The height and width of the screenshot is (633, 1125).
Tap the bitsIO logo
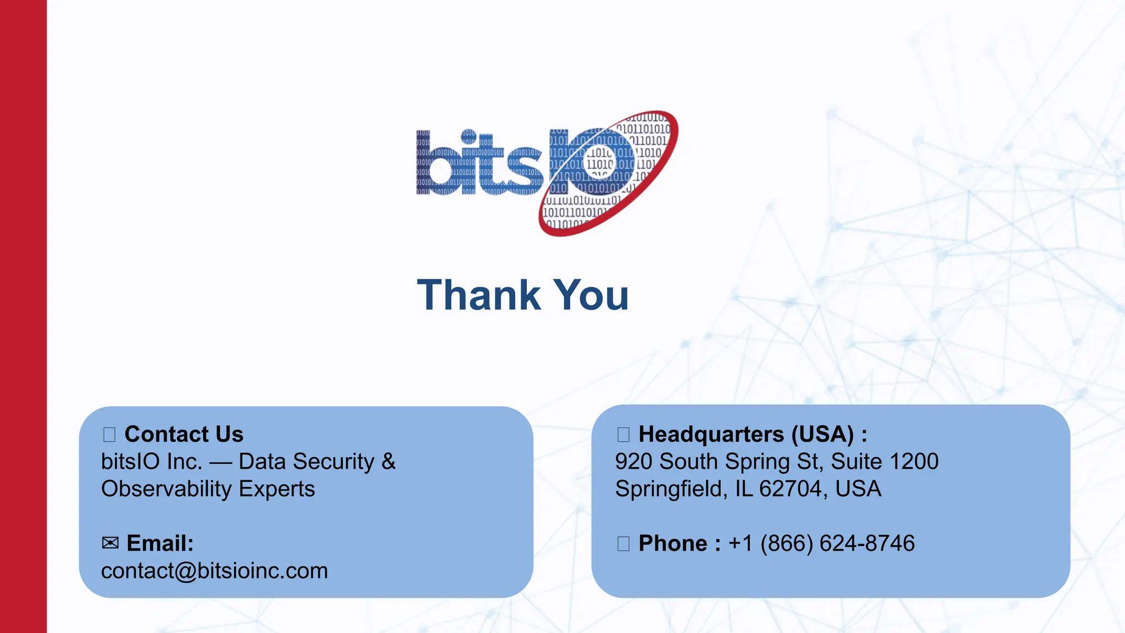547,173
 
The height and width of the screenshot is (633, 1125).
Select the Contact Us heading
183,434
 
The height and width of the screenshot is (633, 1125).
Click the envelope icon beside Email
110,543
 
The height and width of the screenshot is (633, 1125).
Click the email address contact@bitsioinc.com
214,571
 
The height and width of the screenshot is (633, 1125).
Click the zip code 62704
791,489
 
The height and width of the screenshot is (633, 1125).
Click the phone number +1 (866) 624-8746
821,543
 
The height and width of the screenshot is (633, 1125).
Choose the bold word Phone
673,543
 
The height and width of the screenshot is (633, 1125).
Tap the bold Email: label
160,543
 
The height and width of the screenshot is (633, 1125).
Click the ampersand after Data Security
388,462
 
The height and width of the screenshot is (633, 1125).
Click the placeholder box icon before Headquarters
623,435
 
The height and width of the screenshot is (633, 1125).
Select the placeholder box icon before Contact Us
109,435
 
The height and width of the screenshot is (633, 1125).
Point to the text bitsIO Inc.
152,462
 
